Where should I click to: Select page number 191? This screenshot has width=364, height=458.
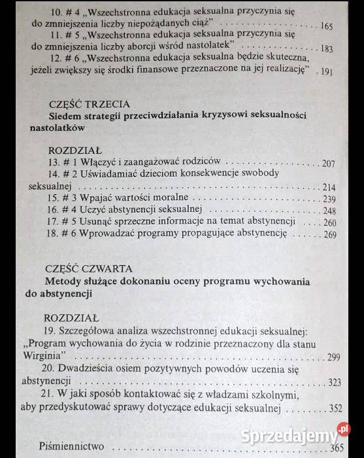[328, 71]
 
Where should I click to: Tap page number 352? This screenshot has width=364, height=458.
[334, 409]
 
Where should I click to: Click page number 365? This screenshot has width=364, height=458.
[337, 448]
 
